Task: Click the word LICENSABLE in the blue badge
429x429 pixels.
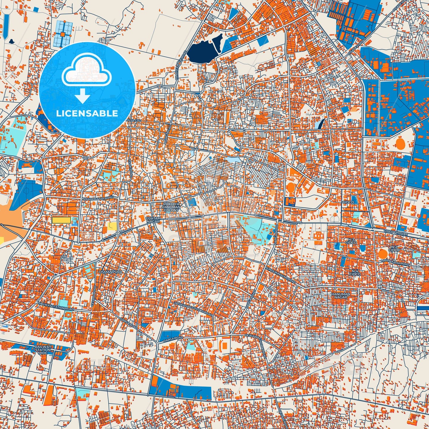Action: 87,113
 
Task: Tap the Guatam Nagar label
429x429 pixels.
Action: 153,220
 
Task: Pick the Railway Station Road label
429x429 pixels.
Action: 56,307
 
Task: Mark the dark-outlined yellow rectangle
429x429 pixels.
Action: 61,220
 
